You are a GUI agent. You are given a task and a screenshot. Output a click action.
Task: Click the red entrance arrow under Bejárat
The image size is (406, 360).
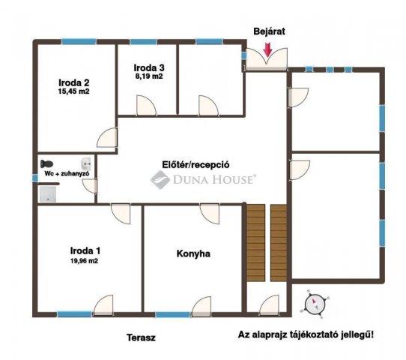pyautogui.click(x=267, y=49)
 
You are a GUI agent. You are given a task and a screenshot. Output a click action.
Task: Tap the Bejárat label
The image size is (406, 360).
pyautogui.click(x=269, y=31)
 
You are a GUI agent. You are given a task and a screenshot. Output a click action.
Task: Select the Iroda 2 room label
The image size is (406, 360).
pyautogui.click(x=74, y=82)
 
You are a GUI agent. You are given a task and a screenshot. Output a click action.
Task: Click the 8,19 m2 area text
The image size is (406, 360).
pyautogui.click(x=149, y=76)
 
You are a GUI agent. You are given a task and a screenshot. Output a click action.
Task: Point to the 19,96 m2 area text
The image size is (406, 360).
pyautogui.click(x=84, y=261)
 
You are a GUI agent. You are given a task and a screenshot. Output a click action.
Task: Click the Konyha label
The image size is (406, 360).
pyautogui.click(x=193, y=253)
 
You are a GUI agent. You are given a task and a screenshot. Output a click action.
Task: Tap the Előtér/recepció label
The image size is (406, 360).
pyautogui.click(x=196, y=165)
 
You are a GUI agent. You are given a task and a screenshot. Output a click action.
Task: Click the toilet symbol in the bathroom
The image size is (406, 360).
pyautogui.click(x=46, y=163)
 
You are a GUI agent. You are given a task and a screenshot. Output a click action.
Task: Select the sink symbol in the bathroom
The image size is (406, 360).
pyautogui.click(x=86, y=163)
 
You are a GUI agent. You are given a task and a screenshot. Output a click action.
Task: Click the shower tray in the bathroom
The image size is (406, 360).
pyautogui.click(x=48, y=194)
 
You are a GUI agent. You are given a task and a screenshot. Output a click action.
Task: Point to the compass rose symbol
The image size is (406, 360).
pyautogui.click(x=315, y=304)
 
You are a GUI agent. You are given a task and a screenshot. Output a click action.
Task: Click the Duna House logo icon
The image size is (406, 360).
pyautogui.click(x=160, y=179)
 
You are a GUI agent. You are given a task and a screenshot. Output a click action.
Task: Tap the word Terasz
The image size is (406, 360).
pyautogui.click(x=141, y=337)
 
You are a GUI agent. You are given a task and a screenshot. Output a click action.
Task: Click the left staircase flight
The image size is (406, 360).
pyautogui.click(x=256, y=242)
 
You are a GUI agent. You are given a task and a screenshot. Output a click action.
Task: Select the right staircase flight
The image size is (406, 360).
pyautogui.click(x=279, y=242)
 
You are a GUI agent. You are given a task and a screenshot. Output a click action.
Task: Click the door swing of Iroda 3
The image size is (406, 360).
pyautogui.click(x=146, y=105)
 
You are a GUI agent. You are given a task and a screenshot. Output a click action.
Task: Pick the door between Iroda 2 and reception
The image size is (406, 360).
pyautogui.click(x=107, y=137)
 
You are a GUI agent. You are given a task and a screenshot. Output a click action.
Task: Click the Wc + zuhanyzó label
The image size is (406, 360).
pyautogui.click(x=67, y=174)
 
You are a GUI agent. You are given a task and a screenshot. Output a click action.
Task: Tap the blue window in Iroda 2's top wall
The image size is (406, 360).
pyautogui.click(x=79, y=41)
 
